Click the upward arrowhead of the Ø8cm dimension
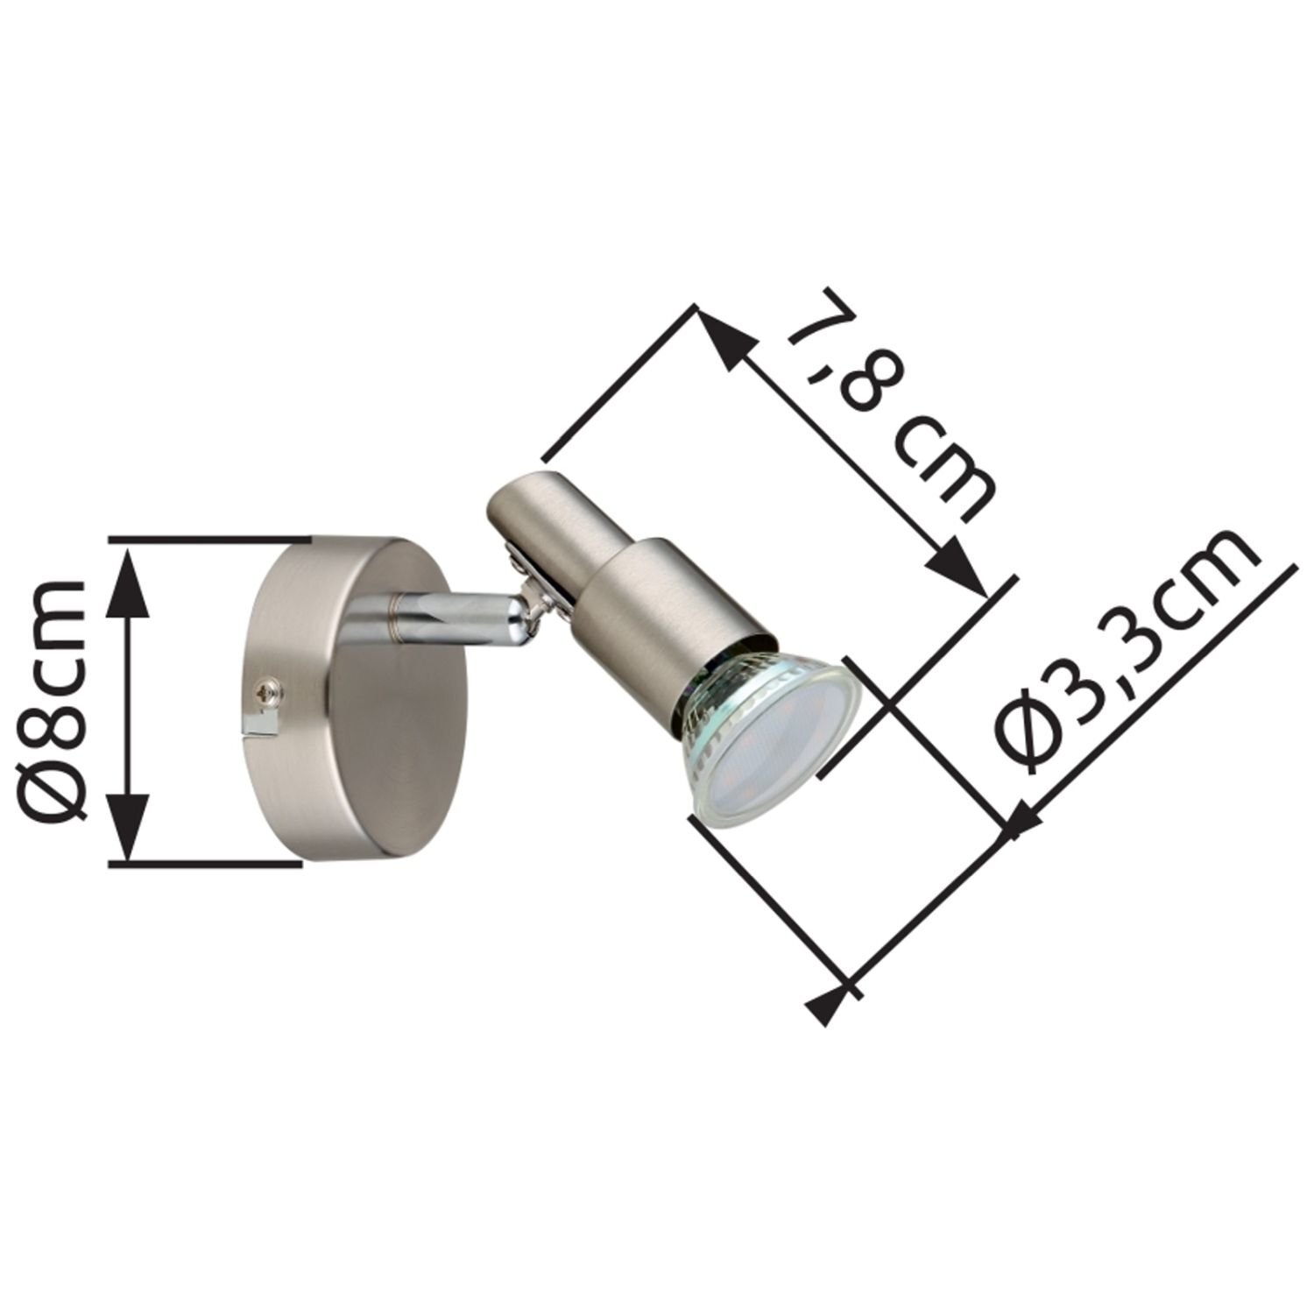(129, 575)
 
